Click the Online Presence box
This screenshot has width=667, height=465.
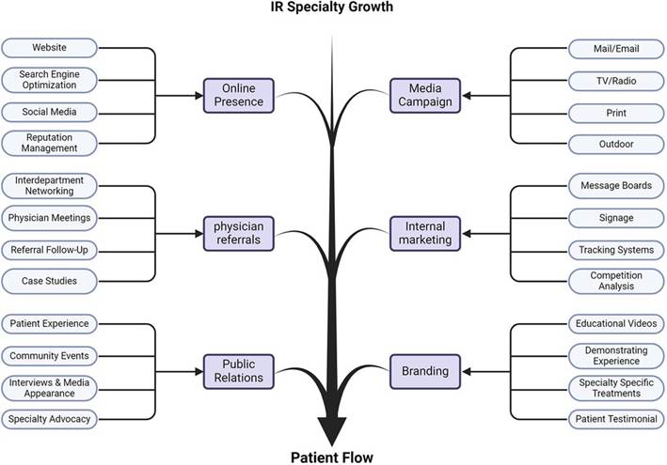coord(240,95)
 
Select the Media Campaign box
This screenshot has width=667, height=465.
coord(424,95)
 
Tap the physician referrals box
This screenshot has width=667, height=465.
coord(240,233)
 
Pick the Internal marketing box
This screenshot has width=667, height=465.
coord(424,233)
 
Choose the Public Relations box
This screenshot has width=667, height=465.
coord(240,371)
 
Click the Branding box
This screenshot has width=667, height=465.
coord(424,371)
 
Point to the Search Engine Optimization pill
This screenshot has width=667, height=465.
coord(49,79)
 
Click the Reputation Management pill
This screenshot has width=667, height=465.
coord(49,143)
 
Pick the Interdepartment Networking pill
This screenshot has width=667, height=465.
coord(49,185)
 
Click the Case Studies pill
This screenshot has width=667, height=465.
coord(49,281)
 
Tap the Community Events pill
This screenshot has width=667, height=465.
coord(49,356)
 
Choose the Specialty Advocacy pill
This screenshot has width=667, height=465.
coord(49,419)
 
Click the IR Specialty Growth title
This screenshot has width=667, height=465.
coord(332,8)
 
